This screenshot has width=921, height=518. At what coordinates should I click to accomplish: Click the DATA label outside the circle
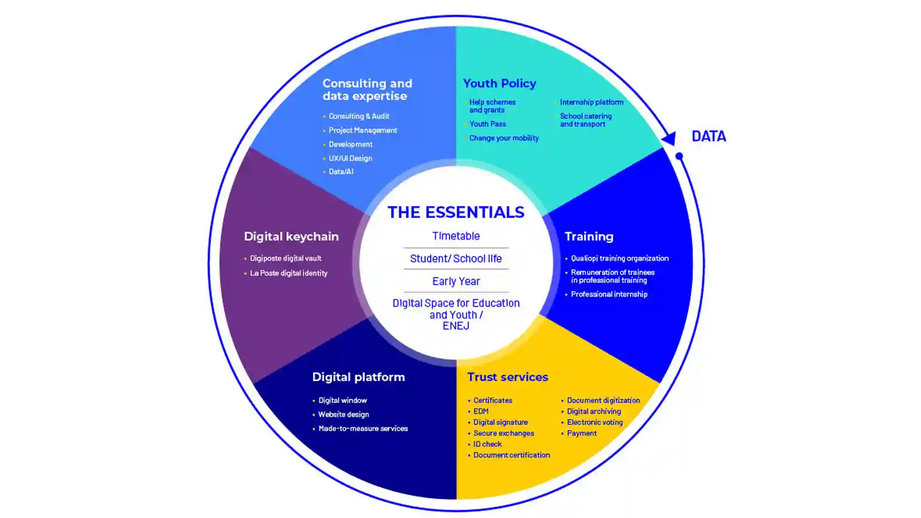(709, 136)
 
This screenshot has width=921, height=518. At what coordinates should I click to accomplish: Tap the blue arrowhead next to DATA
(668, 138)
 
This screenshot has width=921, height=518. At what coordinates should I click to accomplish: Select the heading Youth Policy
(499, 83)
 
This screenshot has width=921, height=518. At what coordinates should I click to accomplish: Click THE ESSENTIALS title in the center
(456, 212)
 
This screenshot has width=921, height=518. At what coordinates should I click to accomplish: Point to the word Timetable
(456, 236)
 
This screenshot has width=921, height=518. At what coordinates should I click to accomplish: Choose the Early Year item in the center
(456, 281)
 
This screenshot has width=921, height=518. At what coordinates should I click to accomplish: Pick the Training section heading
(589, 237)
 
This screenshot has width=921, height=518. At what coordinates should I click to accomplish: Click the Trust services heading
(507, 377)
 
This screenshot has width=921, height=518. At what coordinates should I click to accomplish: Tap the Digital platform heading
(358, 377)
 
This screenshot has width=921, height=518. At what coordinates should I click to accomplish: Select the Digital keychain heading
(291, 237)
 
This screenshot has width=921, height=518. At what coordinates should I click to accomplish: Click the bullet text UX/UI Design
(350, 158)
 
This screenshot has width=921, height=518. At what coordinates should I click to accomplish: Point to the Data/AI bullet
(341, 172)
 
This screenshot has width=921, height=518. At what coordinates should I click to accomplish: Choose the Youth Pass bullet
(488, 124)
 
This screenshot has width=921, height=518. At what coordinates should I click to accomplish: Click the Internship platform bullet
(591, 102)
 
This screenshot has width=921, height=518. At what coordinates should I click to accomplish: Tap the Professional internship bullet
(609, 294)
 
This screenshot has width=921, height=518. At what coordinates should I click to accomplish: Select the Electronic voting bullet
(595, 422)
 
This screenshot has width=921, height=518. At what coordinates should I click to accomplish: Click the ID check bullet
(488, 444)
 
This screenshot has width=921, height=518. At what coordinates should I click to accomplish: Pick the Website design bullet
(344, 414)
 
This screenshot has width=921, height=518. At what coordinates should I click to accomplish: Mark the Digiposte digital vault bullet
(286, 258)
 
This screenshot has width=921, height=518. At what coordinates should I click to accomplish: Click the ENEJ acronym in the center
(456, 326)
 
